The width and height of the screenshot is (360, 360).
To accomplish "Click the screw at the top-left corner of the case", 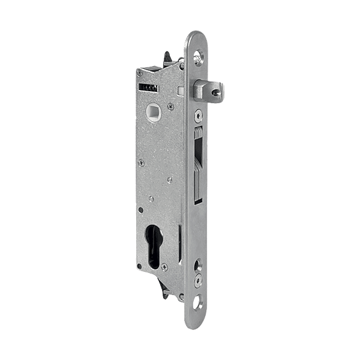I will click(x=139, y=73).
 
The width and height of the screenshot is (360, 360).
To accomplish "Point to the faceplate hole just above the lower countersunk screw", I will click(x=199, y=265).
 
